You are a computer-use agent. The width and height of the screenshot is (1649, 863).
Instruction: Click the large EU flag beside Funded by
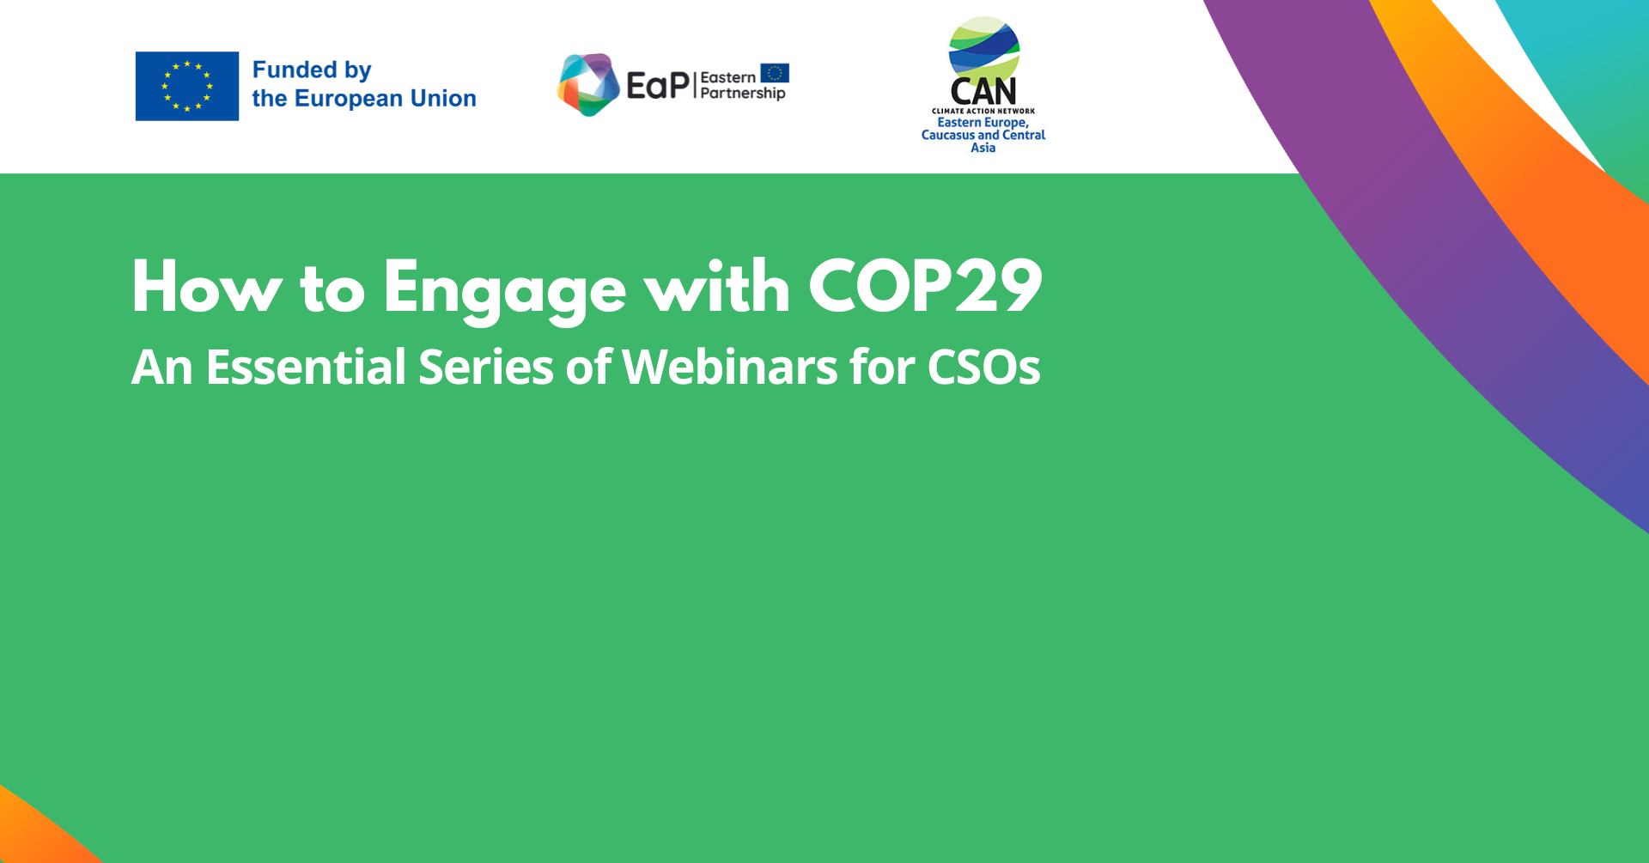187,86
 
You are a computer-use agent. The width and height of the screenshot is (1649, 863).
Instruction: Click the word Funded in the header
295,70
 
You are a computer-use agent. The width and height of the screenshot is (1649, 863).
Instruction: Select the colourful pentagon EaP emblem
588,84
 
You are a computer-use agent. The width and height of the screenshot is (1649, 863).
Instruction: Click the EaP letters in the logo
658,85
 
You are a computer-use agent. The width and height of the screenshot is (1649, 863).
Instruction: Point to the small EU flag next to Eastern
775,73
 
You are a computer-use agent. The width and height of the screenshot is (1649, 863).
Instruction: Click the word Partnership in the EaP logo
743,94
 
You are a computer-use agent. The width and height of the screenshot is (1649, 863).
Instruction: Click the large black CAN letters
983,91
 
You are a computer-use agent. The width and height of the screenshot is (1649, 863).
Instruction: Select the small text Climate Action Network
983,111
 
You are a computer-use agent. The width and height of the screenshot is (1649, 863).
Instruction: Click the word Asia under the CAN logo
983,148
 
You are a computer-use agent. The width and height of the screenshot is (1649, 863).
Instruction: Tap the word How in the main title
206,287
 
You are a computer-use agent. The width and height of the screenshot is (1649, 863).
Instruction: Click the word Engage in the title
505,292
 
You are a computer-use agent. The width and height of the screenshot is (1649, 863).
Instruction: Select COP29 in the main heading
926,287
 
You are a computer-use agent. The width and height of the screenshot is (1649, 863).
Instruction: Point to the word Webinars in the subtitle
730,368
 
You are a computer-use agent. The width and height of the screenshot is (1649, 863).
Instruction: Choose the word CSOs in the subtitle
984,368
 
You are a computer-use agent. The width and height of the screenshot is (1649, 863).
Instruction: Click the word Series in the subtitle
486,368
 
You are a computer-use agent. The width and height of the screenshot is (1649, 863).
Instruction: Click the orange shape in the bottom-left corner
39,829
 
